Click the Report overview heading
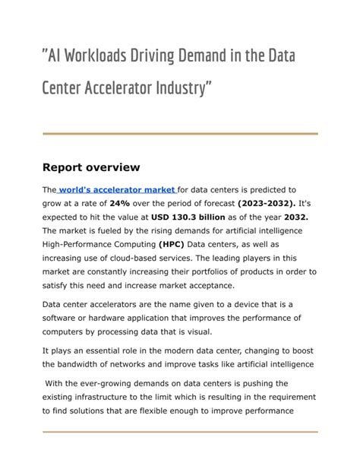coord(91,166)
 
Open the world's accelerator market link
coord(117,189)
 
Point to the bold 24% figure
coord(119,203)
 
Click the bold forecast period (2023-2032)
coord(266,203)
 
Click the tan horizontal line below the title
coord(180,135)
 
